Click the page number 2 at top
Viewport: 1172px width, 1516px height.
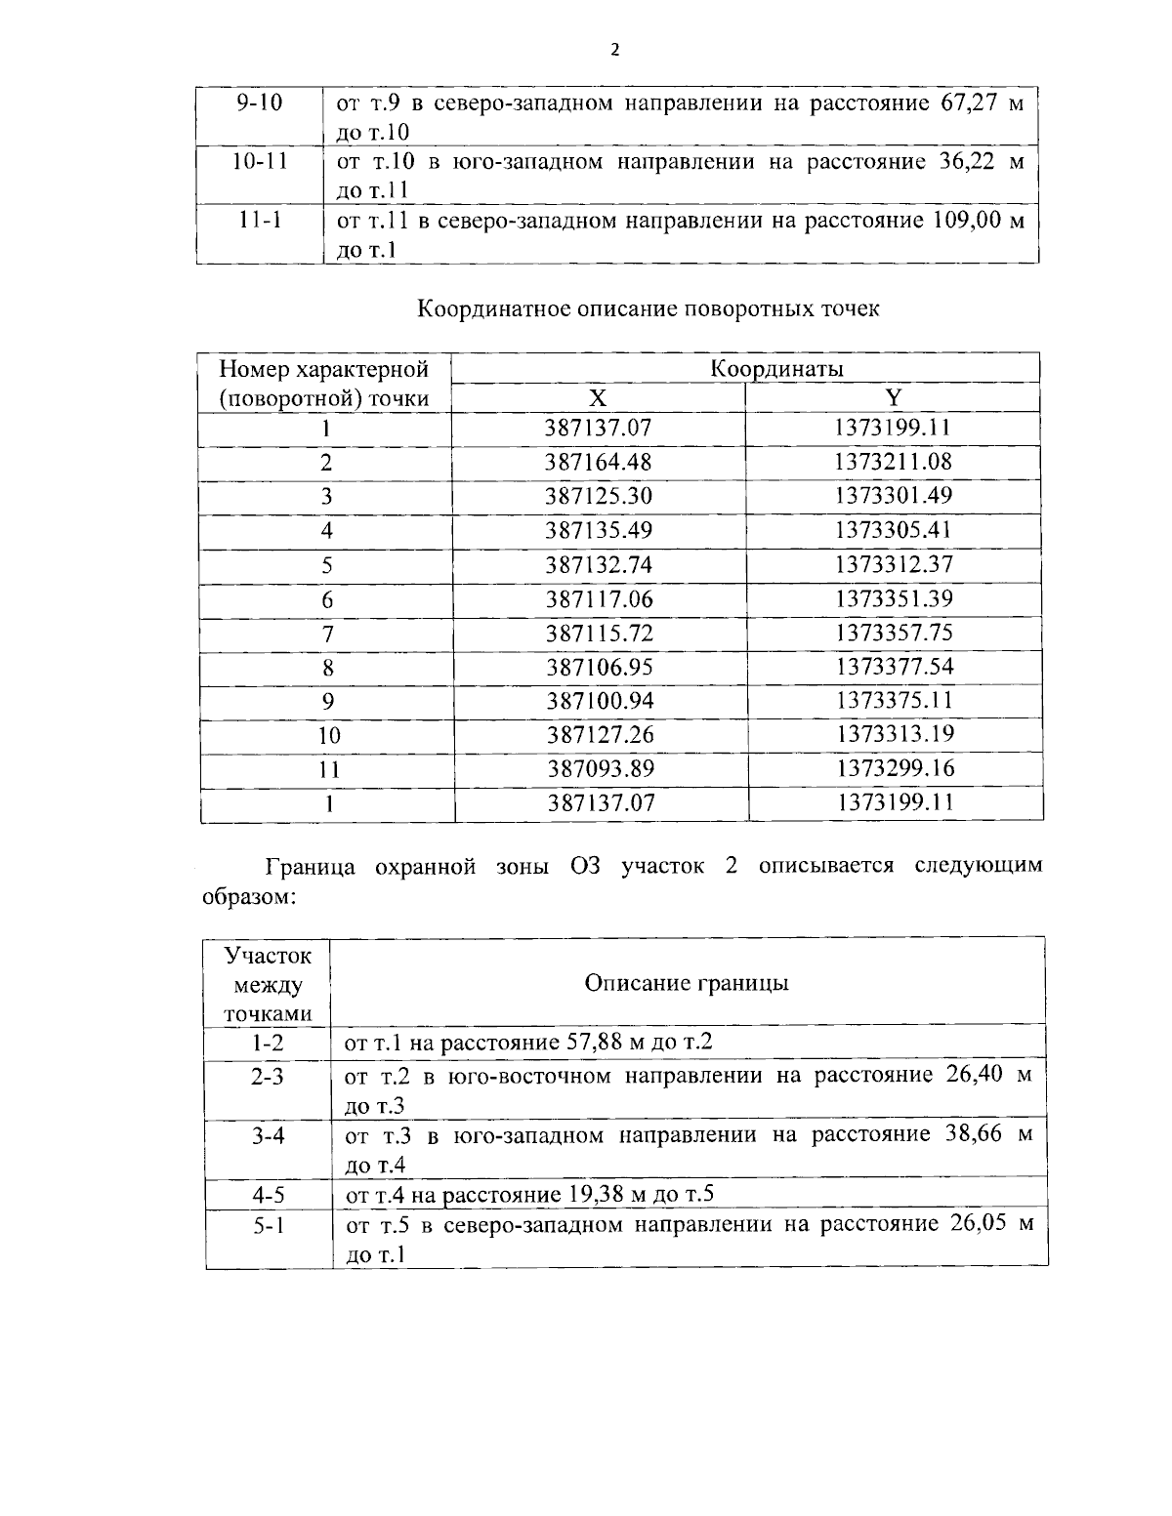tap(614, 51)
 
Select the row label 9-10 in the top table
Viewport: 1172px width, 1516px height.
tap(260, 102)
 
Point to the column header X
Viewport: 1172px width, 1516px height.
tap(598, 398)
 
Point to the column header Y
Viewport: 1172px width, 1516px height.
tap(893, 397)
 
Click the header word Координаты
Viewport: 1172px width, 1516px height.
tap(775, 369)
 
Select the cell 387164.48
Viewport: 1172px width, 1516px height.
tap(598, 462)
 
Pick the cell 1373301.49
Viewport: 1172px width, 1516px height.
tap(893, 495)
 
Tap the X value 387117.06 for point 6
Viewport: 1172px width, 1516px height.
tap(598, 598)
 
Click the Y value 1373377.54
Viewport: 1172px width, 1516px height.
tap(893, 667)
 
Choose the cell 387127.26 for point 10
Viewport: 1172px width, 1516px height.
tap(600, 734)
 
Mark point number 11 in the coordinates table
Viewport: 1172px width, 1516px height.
tap(329, 769)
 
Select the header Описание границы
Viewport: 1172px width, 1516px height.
tap(686, 983)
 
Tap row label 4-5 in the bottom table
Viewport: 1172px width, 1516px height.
tap(268, 1194)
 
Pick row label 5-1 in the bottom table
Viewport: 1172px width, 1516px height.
tap(268, 1224)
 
